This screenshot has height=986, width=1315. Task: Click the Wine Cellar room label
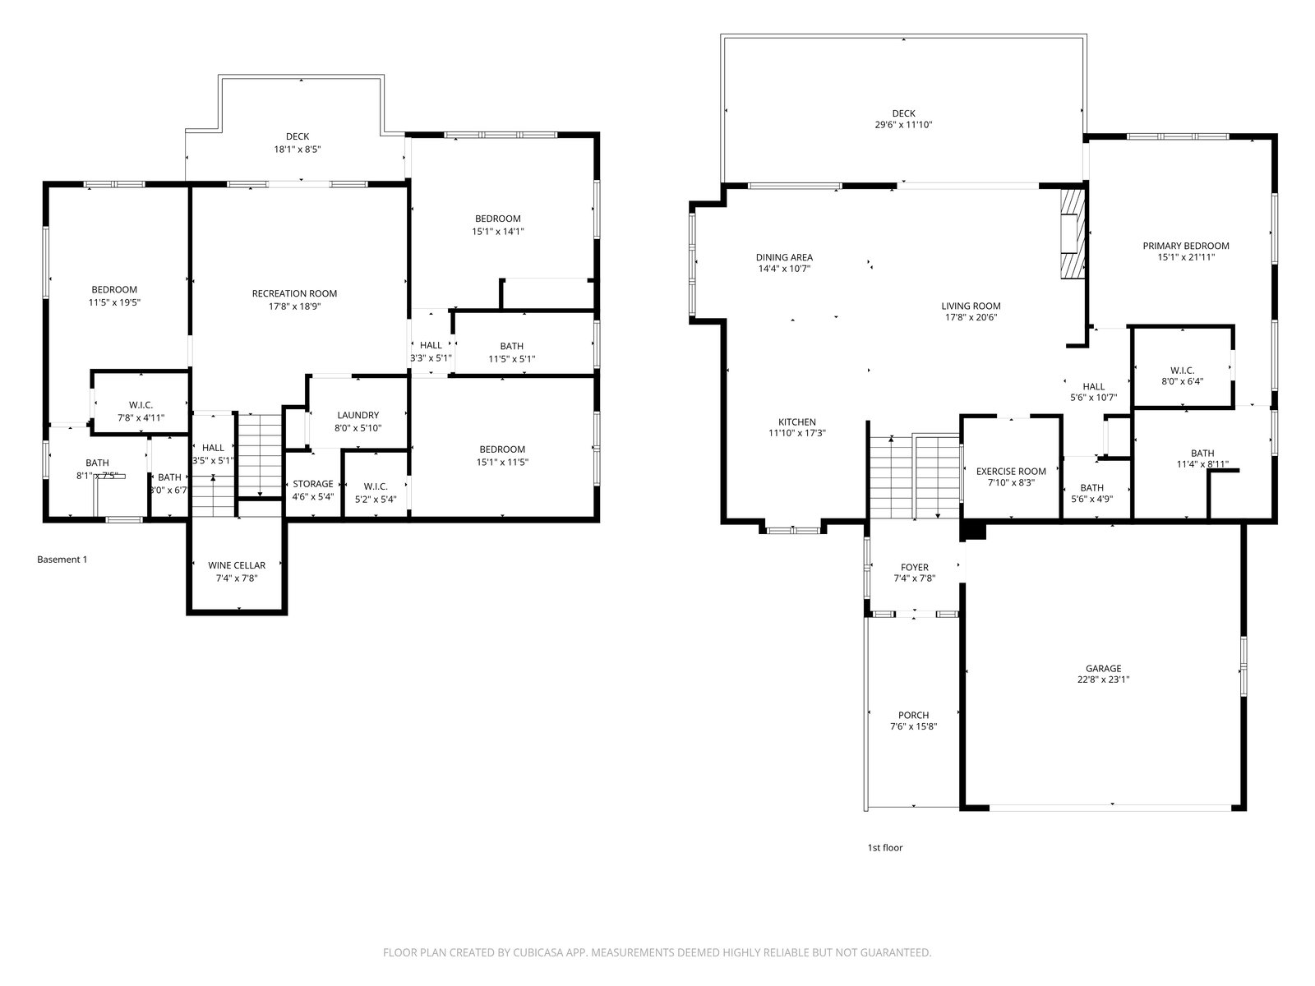[237, 565]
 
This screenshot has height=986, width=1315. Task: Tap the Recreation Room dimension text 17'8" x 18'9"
[295, 306]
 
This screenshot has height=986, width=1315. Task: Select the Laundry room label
[358, 415]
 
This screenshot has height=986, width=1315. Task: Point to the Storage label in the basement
[313, 484]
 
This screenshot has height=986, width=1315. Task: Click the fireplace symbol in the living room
[1073, 234]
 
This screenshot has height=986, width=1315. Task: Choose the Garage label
[1103, 668]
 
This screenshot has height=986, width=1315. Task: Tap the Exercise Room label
[1011, 471]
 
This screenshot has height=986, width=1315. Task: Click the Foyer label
[915, 567]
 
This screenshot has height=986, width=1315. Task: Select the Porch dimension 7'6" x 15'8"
[914, 727]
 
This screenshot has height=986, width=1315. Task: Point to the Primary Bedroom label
[1186, 246]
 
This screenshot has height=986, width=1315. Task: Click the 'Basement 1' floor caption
[62, 560]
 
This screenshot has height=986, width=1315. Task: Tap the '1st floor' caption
[885, 847]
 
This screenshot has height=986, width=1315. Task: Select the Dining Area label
[784, 257]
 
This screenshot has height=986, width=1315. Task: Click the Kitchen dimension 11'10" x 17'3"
[797, 433]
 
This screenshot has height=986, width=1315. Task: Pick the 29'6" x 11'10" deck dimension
[903, 125]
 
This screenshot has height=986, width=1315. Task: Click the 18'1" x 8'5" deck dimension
[298, 149]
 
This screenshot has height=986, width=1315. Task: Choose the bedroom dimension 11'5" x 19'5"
[114, 302]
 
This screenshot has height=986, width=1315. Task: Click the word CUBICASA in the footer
[537, 951]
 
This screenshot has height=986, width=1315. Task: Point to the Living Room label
[971, 306]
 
